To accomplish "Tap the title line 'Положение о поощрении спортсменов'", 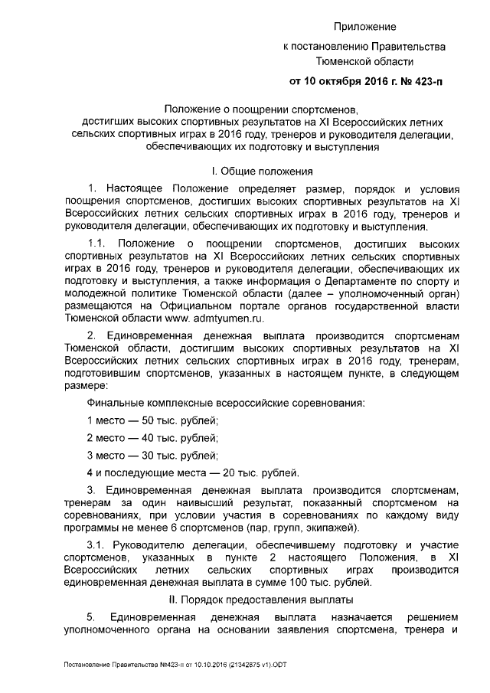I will tap(262, 109).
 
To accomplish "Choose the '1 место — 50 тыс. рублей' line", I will tap(152, 420).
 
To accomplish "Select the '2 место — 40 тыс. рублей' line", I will tap(152, 438).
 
